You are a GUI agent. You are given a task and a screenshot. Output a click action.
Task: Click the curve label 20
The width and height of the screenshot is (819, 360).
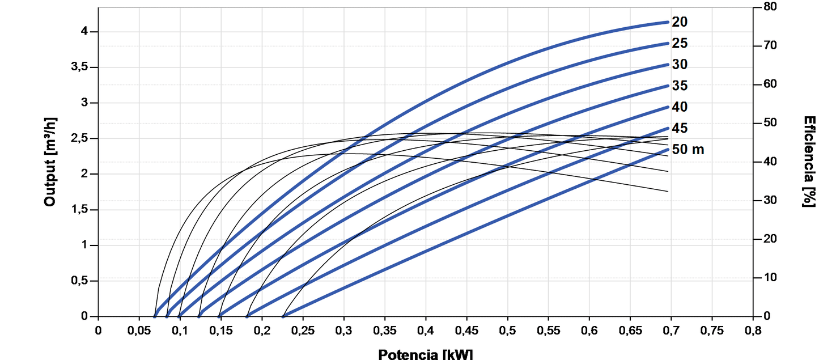click(680, 22)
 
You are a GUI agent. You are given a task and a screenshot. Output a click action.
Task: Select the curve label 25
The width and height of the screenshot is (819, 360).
click(680, 43)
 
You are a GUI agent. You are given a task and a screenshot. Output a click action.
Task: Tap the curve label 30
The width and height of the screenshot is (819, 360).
click(680, 65)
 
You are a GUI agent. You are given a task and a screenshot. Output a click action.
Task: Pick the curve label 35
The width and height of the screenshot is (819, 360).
click(680, 86)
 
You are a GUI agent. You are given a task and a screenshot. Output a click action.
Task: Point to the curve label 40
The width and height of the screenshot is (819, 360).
click(680, 107)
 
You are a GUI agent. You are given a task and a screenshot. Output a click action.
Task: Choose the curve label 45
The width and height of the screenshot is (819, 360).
click(680, 128)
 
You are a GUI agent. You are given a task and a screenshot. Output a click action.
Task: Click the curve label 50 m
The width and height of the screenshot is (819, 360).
click(688, 150)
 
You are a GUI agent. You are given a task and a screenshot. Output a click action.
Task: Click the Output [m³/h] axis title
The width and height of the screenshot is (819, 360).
click(50, 162)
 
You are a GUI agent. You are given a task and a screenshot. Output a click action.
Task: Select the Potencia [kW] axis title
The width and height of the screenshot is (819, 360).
click(425, 354)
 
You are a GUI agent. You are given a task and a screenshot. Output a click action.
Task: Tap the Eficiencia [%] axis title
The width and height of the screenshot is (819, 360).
click(809, 162)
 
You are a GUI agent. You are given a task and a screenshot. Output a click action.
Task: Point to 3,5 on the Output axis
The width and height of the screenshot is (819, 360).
click(79, 67)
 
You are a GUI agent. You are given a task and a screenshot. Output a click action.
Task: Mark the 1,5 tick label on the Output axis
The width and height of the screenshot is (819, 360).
click(79, 210)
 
